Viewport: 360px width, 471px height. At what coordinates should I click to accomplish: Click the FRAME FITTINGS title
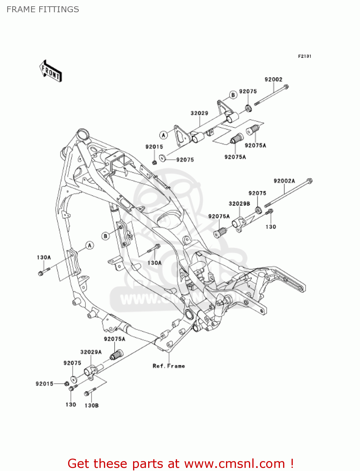[x=43, y=9]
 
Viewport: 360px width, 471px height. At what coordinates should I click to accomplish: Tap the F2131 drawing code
[x=304, y=56]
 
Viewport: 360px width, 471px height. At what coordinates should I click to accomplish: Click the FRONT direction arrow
[x=51, y=71]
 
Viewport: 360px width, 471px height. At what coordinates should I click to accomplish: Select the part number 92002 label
[x=273, y=80]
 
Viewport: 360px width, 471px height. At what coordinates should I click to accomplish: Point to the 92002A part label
[x=284, y=181]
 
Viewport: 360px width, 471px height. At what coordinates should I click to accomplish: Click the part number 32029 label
[x=199, y=113]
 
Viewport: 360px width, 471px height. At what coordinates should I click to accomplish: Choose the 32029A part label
[x=91, y=352]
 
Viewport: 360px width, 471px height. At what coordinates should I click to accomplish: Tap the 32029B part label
[x=239, y=204]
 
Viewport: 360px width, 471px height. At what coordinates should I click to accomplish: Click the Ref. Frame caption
[x=169, y=366]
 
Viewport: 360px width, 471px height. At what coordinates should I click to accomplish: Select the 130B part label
[x=92, y=406]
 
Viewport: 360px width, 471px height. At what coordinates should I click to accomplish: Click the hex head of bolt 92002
[x=286, y=87]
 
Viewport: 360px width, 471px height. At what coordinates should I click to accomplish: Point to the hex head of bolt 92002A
[x=309, y=181]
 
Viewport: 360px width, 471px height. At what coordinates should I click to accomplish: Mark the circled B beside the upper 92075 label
[x=233, y=95]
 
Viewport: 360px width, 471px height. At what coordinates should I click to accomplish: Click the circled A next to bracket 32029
[x=163, y=135]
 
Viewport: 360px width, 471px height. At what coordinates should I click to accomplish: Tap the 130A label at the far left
[x=44, y=257]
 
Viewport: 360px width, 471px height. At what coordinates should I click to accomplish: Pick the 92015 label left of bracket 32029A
[x=44, y=384]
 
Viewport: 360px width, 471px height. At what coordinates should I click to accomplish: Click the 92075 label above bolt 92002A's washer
[x=257, y=193]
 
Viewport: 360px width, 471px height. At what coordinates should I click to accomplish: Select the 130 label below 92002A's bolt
[x=271, y=227]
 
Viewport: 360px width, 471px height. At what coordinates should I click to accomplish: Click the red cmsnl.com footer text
[x=180, y=463]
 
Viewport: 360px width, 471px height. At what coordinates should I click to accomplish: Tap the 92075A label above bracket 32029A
[x=115, y=339]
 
